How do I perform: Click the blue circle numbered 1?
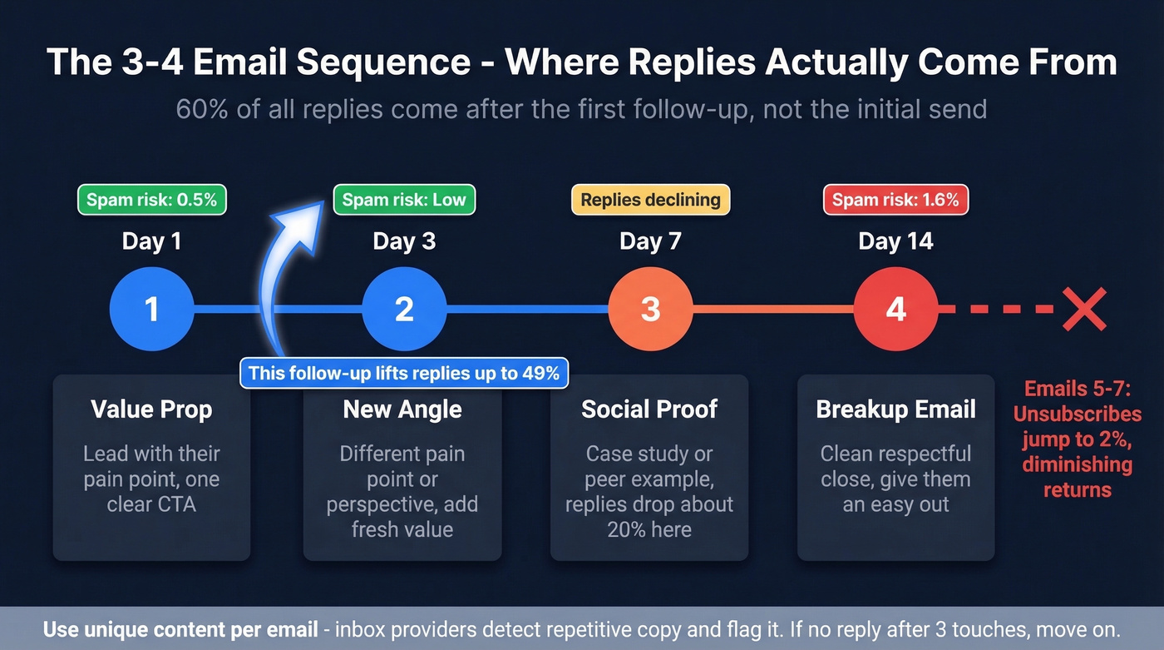click(x=151, y=310)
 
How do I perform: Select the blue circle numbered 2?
click(x=404, y=310)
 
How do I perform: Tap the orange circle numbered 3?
click(x=650, y=310)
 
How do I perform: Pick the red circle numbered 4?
click(x=895, y=310)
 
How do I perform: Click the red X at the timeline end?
click(x=1084, y=310)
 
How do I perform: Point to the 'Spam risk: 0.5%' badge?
click(x=152, y=200)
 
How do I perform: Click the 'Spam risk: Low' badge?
click(x=404, y=200)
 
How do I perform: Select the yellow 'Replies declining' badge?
click(x=650, y=200)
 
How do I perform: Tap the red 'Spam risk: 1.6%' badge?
click(x=895, y=200)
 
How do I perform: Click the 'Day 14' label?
click(x=895, y=242)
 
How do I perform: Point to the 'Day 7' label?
click(x=650, y=242)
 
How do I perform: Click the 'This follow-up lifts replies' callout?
click(x=404, y=373)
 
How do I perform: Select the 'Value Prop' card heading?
click(x=151, y=409)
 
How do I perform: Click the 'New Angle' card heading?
click(x=402, y=409)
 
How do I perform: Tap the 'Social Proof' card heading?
click(x=649, y=409)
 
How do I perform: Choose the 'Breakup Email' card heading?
click(x=895, y=409)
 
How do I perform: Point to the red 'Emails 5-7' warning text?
click(x=1078, y=439)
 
